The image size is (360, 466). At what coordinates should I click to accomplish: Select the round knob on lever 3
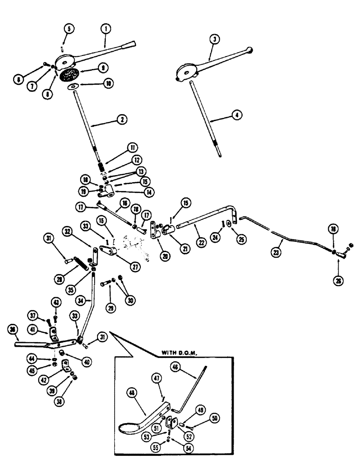coord(251,49)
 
